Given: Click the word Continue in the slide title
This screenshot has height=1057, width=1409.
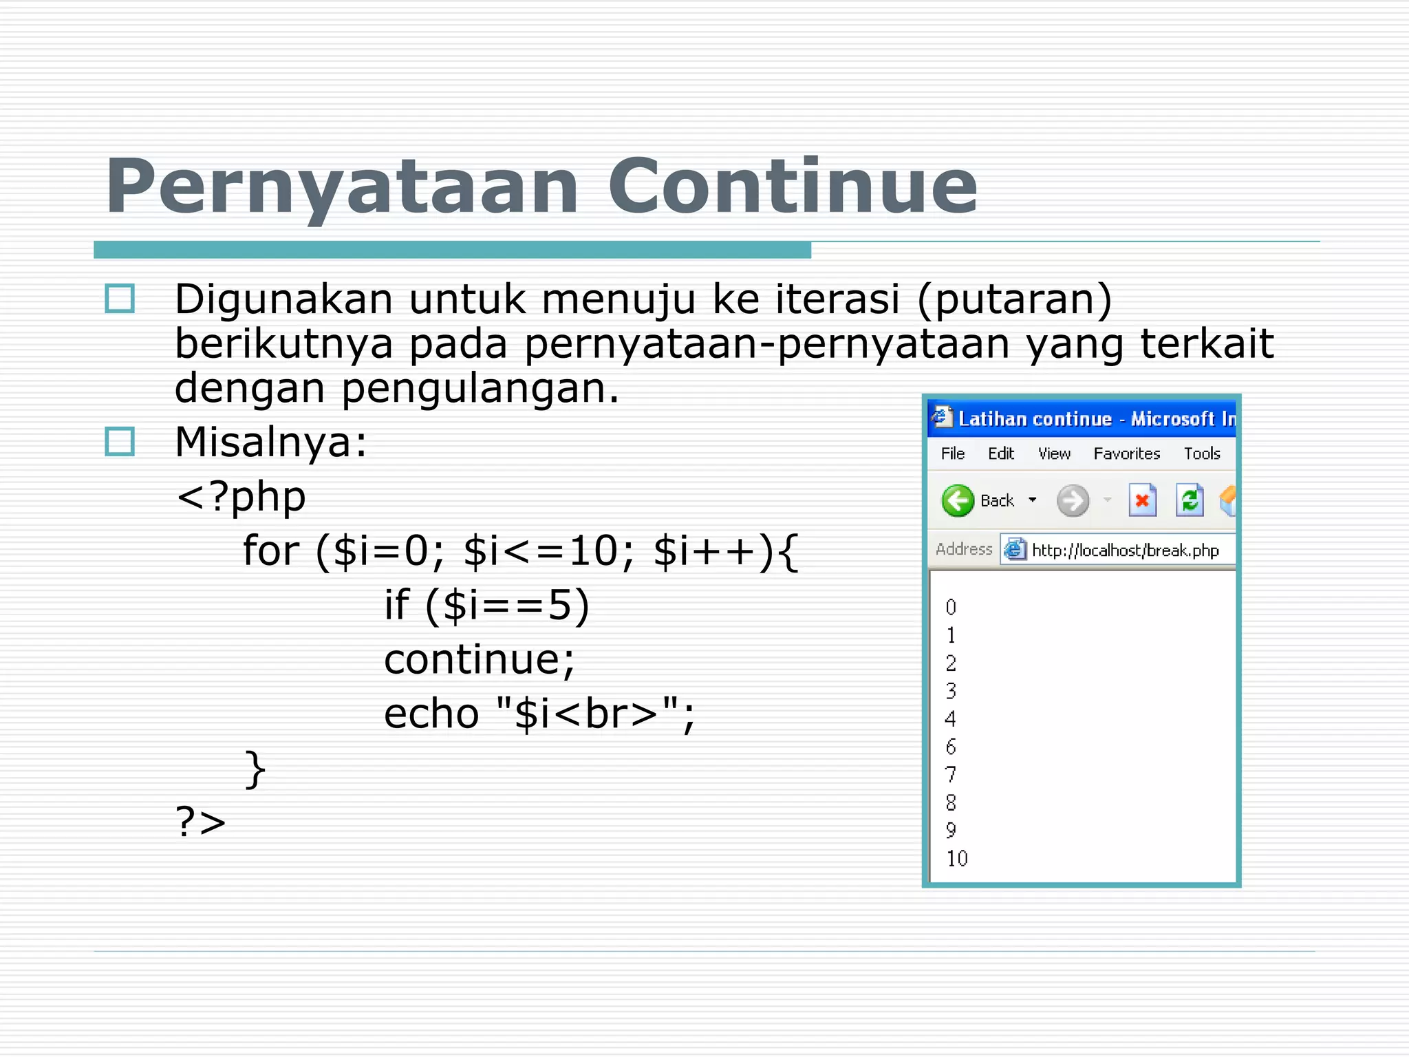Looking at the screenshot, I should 792,186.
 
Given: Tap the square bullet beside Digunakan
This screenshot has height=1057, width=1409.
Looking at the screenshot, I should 120,299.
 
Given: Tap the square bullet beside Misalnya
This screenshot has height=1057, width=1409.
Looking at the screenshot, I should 120,442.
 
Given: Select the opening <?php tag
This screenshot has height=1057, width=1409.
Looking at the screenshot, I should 241,497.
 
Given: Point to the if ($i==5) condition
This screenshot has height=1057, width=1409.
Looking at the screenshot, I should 486,606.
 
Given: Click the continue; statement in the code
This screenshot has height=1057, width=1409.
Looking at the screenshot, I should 479,659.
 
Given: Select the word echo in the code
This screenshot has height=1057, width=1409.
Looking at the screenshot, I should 431,714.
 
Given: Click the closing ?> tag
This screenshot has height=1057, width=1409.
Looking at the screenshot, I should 200,822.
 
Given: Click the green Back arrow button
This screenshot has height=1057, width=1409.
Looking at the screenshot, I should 958,500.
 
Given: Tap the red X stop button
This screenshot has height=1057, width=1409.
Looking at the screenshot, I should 1142,500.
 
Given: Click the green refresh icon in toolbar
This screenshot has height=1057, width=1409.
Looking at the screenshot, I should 1190,500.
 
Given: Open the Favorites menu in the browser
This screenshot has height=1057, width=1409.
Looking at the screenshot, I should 1126,453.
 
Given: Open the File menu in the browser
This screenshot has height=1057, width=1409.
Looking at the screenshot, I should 952,453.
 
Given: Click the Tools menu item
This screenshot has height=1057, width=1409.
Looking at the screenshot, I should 1201,453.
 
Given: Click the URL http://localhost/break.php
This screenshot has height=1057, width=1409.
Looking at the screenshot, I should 1125,551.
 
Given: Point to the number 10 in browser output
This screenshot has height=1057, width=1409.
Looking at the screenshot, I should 956,858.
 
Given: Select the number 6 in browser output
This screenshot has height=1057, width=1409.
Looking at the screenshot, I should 951,747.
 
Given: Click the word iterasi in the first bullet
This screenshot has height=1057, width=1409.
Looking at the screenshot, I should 837,299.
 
